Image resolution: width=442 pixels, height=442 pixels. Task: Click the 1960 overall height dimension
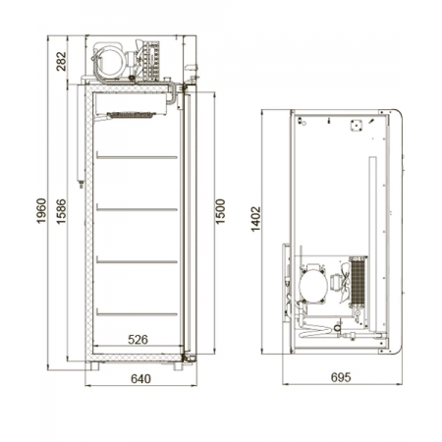click(x=41, y=211)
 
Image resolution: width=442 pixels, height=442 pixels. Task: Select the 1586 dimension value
click(x=61, y=211)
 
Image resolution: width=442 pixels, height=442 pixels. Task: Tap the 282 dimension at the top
click(x=61, y=61)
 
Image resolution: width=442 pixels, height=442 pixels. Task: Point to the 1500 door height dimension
click(x=220, y=211)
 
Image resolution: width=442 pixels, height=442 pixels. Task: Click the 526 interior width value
click(x=138, y=340)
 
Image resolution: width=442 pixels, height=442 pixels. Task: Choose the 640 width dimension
click(x=140, y=379)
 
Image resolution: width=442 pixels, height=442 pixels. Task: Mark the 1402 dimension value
click(x=255, y=219)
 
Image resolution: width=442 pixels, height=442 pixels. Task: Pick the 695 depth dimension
click(x=341, y=377)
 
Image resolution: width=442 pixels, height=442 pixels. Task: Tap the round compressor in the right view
click(x=313, y=285)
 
